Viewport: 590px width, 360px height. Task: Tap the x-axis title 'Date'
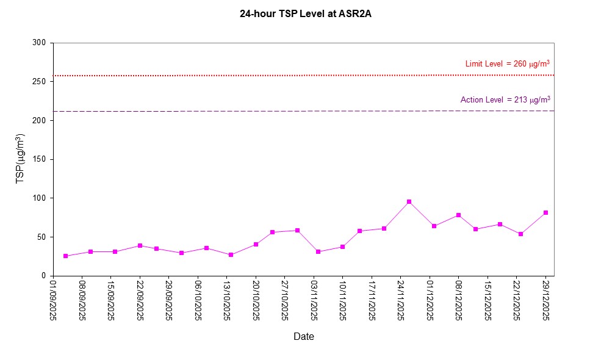[x=304, y=336]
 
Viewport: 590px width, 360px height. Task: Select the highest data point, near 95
[x=409, y=202]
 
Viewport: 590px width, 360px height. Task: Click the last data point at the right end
[x=545, y=213]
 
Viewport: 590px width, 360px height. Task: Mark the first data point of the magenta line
[x=65, y=256]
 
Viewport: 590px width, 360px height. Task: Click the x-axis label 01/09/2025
[x=53, y=299]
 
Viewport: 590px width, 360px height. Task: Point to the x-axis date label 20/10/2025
[x=256, y=299]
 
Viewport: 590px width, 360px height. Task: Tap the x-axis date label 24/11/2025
[x=401, y=299]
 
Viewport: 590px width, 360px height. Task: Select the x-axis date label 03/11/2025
[x=314, y=299]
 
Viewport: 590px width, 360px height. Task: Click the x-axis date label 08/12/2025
[x=459, y=299]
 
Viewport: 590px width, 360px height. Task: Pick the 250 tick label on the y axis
[x=40, y=82]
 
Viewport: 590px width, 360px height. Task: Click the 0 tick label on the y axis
[x=45, y=276]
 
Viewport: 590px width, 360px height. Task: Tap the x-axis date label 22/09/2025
[x=140, y=299]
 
